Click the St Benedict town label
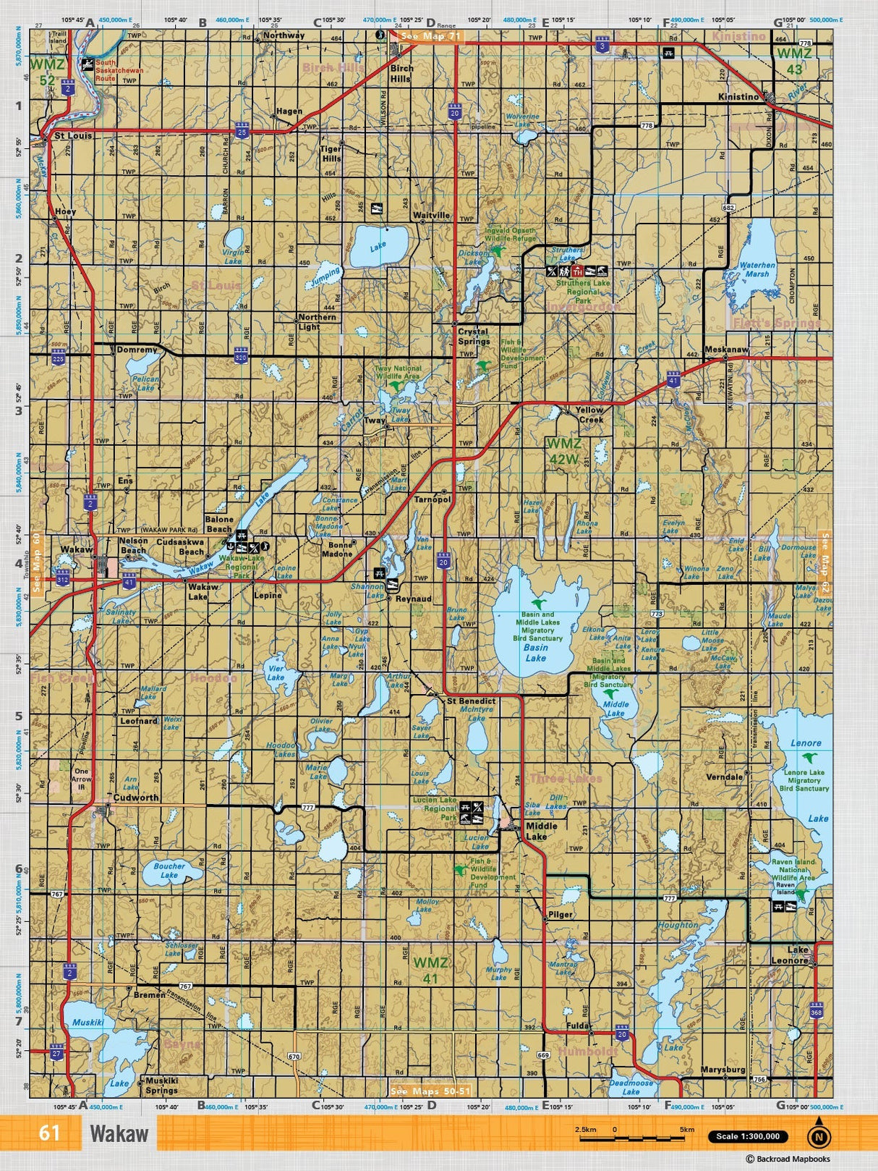click(471, 701)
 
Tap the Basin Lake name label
click(536, 653)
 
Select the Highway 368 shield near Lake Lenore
click(817, 1011)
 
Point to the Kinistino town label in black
click(738, 96)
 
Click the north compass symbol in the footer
click(819, 1136)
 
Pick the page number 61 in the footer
click(49, 1133)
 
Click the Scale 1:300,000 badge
click(747, 1136)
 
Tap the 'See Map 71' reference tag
click(430, 35)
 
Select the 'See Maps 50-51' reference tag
click(430, 1091)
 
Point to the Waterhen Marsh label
click(757, 269)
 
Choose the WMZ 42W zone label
click(563, 450)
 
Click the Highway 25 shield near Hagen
click(242, 131)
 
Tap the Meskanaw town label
click(726, 350)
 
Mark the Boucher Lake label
click(169, 870)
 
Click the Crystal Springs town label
click(474, 337)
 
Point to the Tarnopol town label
click(432, 499)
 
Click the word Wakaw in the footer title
click(119, 1133)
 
